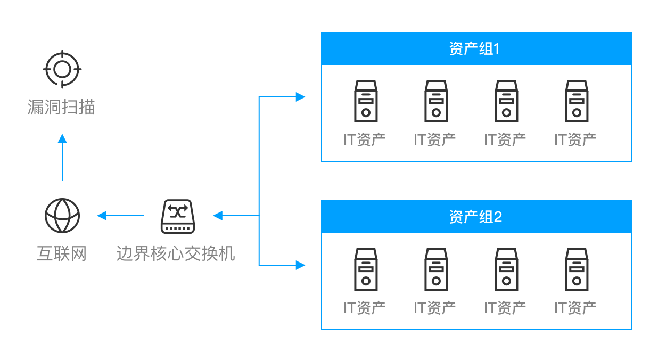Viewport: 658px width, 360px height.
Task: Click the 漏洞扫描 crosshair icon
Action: tap(62, 69)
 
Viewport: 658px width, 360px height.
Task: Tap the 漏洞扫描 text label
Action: tap(61, 107)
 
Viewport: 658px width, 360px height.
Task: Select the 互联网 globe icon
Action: tap(62, 216)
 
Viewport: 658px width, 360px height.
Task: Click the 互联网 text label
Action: tap(62, 254)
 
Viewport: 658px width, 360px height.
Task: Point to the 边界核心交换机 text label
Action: tap(176, 254)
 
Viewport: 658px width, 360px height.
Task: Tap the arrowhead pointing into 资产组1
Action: tap(301, 97)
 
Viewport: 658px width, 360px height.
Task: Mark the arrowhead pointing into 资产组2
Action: tap(301, 265)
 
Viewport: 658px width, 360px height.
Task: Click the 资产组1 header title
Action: tap(475, 49)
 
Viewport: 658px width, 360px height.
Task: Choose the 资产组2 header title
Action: tap(475, 217)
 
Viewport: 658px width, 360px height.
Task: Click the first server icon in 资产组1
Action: tap(366, 101)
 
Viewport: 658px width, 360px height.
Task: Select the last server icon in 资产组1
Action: tap(577, 101)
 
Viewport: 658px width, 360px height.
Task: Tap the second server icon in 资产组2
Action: tap(436, 269)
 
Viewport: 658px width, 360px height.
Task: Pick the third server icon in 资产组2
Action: tap(506, 269)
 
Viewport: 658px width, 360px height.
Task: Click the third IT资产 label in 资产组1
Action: tap(505, 140)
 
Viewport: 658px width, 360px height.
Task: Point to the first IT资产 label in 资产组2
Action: tap(365, 308)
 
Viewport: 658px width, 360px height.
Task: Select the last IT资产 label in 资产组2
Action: tap(575, 308)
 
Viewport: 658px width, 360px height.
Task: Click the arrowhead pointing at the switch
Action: tap(217, 216)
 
